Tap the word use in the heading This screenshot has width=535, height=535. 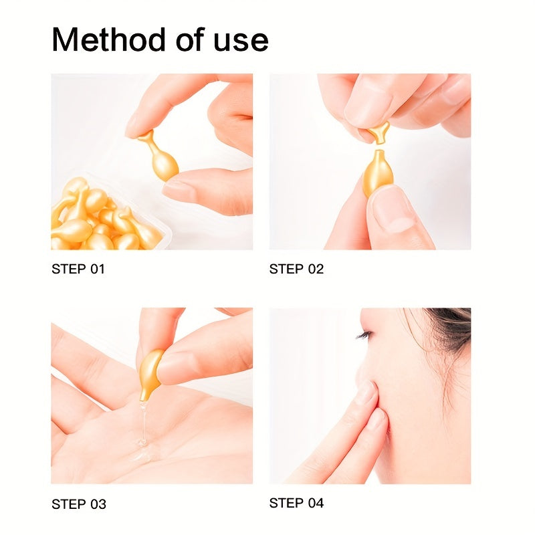click(239, 41)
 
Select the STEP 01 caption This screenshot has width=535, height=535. click(78, 270)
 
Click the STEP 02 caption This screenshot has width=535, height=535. click(296, 270)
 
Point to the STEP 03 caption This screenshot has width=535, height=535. click(79, 504)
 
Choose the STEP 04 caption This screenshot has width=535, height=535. click(296, 503)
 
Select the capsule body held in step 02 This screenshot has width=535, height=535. click(376, 173)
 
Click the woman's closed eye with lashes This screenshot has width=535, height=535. click(364, 334)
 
